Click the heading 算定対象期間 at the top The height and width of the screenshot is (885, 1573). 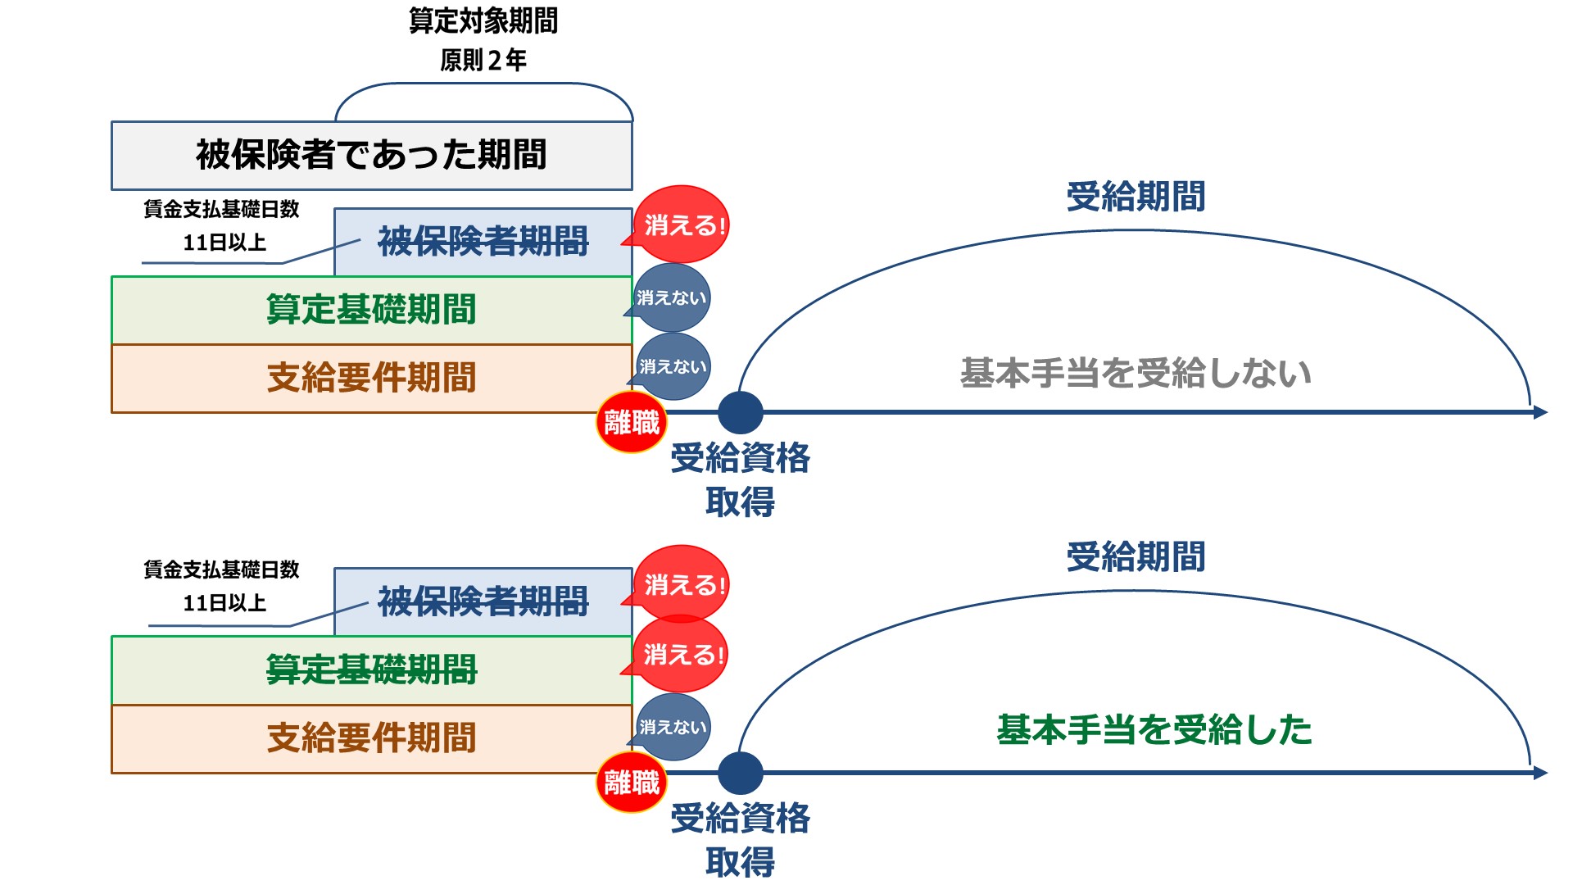[x=483, y=21]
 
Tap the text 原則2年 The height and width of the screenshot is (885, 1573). [x=483, y=60]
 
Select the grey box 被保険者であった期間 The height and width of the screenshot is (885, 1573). [x=371, y=156]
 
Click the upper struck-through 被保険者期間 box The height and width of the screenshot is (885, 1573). [x=483, y=242]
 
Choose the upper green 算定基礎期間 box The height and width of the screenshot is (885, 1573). [x=371, y=310]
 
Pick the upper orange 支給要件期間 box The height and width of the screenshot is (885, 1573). [x=371, y=378]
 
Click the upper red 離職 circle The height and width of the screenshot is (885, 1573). [x=632, y=423]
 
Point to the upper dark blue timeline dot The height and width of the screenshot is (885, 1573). [x=740, y=412]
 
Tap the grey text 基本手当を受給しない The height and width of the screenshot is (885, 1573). [x=1136, y=373]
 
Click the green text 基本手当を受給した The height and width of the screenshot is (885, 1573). [x=1154, y=729]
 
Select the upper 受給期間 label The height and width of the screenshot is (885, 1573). [x=1136, y=197]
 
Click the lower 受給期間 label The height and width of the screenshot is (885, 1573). [x=1136, y=557]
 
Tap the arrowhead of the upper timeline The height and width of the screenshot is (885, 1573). [x=1539, y=412]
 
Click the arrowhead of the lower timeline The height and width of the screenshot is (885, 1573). [x=1539, y=773]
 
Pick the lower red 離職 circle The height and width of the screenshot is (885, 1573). [x=632, y=783]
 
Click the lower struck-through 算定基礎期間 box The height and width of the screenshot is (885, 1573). [x=371, y=670]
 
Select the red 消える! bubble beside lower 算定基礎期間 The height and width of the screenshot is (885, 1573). [x=682, y=655]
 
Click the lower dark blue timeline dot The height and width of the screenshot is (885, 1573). [x=740, y=773]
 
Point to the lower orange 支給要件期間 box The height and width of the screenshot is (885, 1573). [x=371, y=738]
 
